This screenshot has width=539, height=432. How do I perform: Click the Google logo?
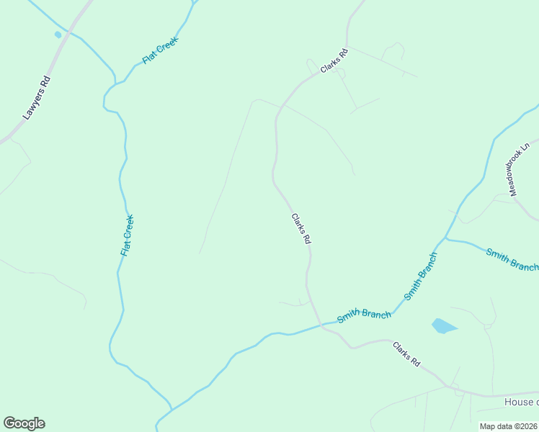(24, 423)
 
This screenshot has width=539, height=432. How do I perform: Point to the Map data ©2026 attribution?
(508, 426)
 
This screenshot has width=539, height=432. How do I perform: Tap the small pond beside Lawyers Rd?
(58, 34)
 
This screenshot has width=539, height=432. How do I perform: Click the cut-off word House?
(520, 402)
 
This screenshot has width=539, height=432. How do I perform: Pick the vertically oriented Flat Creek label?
(127, 235)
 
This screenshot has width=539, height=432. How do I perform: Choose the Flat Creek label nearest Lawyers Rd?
(160, 51)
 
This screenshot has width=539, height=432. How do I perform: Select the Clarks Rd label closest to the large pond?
(406, 354)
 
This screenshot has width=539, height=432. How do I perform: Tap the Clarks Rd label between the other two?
(301, 229)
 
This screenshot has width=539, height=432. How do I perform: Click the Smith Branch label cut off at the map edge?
(512, 259)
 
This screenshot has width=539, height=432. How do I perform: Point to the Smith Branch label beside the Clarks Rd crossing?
(364, 315)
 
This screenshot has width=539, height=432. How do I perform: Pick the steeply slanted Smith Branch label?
(421, 276)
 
